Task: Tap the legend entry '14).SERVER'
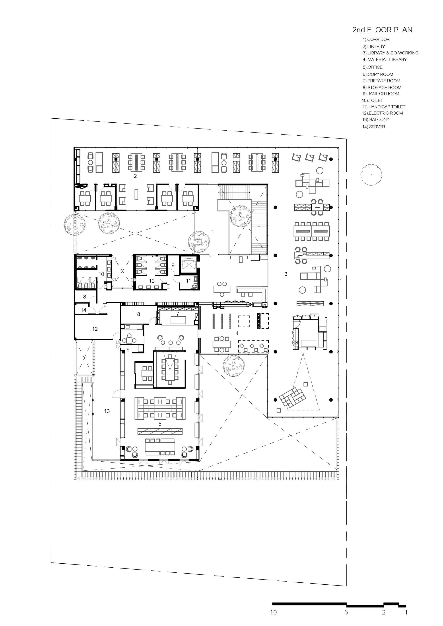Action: pos(373,127)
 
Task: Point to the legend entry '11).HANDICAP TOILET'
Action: pos(383,107)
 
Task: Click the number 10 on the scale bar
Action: pos(273,612)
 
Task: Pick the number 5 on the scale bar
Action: pos(346,612)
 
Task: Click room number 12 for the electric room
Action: pos(95,329)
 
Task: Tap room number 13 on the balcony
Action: pos(107,411)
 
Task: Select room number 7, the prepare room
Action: pos(178,314)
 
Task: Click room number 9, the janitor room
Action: pos(173,265)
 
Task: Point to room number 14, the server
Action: pos(84,310)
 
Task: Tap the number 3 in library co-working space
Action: pos(286,274)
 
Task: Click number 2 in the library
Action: pos(135,176)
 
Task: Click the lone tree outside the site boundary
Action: pos(371,175)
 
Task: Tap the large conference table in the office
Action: pos(170,369)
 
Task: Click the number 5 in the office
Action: pos(160,424)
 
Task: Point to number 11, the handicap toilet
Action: pos(188,281)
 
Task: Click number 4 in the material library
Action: pos(237,333)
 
